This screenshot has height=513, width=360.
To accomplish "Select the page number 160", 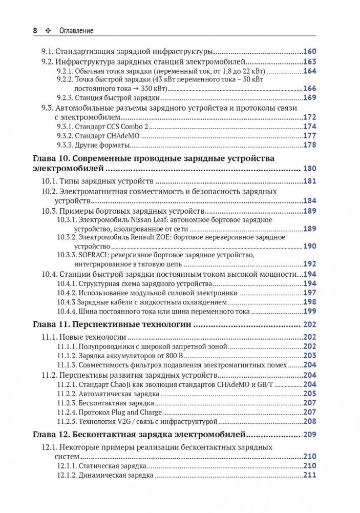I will coord(310,52).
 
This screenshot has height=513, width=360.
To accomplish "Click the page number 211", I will coord(310,475).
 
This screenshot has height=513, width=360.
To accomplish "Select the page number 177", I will coord(310,136).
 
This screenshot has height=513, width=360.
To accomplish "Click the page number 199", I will coord(310,311).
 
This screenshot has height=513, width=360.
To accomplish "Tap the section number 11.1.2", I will coord(66,356).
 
